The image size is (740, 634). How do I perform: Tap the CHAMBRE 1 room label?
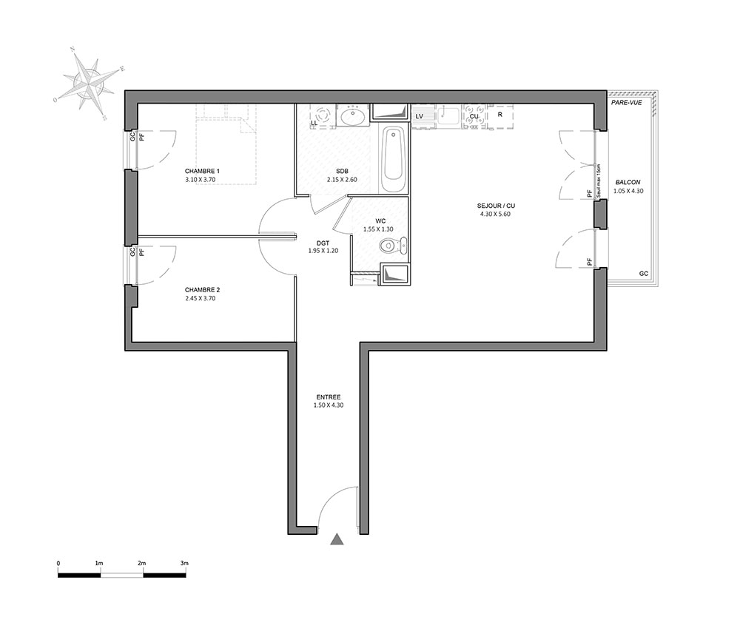coord(202,171)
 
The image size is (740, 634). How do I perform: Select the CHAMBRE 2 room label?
coord(202,290)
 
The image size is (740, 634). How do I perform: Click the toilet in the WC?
coord(394,246)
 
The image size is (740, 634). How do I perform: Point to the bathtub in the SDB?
coord(394,159)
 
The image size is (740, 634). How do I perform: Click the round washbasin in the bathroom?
coord(351,115)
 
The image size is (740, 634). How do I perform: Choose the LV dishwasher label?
coord(420,116)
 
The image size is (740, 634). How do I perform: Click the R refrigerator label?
coord(499,114)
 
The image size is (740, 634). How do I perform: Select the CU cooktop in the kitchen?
coord(474,116)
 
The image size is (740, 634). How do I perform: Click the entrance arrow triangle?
coord(337,539)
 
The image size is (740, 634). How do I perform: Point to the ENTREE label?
coord(329,397)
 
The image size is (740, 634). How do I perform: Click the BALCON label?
coord(628,183)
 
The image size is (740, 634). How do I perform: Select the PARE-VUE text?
coord(626,102)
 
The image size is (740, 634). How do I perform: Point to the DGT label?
coord(323,243)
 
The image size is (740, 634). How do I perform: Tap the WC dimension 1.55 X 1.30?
coord(378,229)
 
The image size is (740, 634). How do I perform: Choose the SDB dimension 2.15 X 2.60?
coord(342,180)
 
